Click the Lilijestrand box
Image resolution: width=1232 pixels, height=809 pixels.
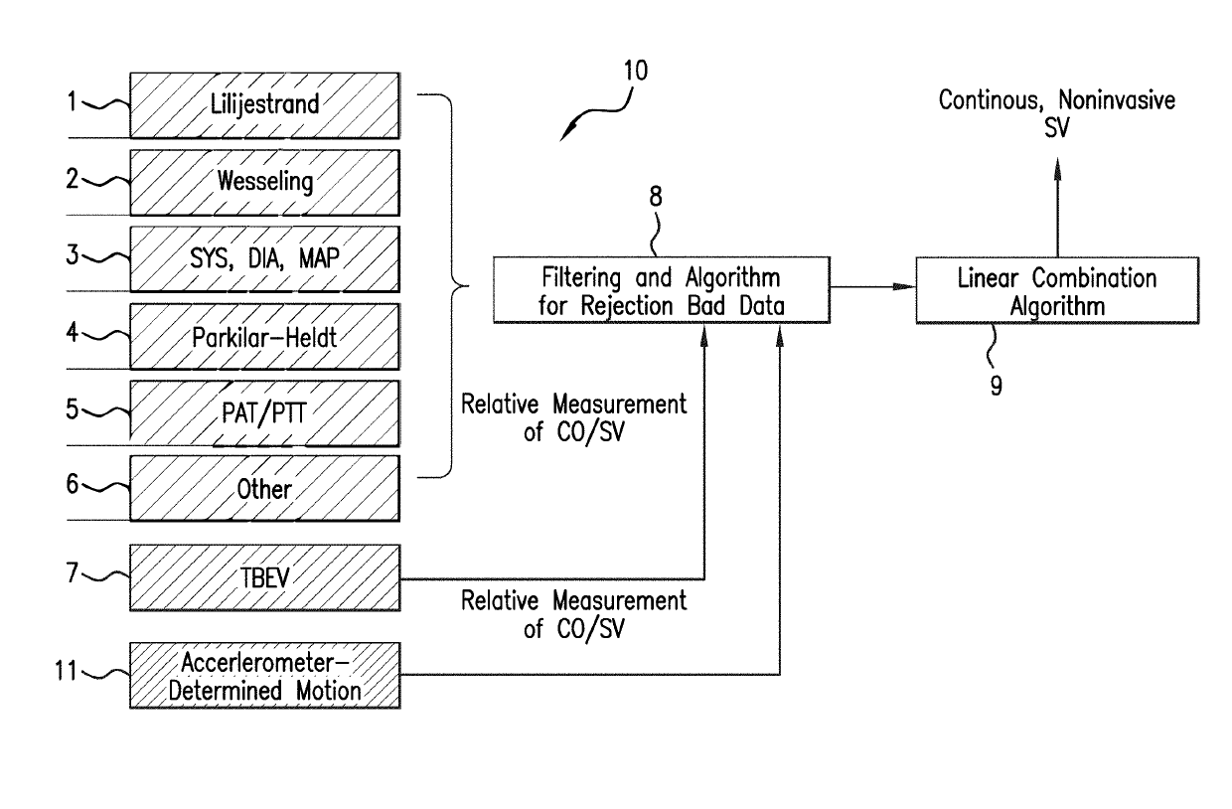(x=264, y=103)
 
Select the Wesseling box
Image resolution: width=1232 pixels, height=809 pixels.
(x=264, y=181)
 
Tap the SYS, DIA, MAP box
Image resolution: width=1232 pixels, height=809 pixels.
(x=264, y=258)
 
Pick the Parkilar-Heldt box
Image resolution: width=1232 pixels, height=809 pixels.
(x=264, y=336)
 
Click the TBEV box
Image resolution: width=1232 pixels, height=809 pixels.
(x=264, y=577)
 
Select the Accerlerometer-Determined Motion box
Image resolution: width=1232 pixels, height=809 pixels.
(x=264, y=675)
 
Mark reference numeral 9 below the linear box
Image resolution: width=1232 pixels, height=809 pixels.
(x=996, y=384)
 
